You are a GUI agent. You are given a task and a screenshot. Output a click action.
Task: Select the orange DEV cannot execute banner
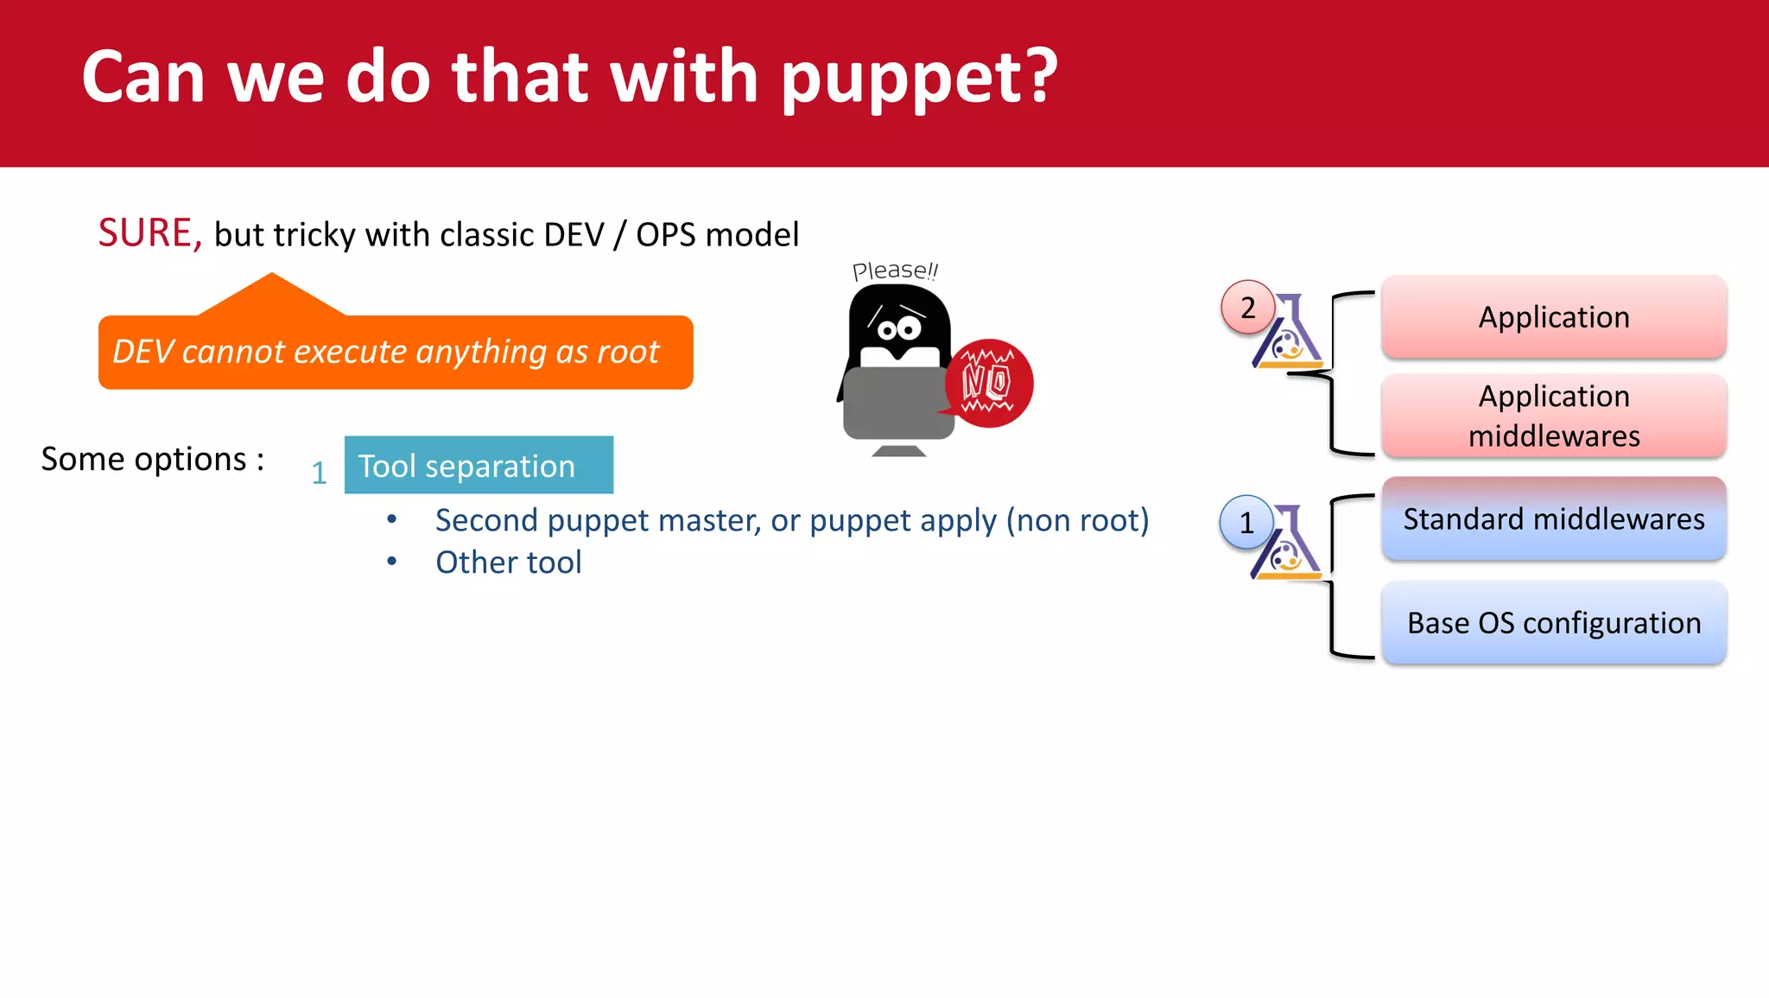pyautogui.click(x=395, y=352)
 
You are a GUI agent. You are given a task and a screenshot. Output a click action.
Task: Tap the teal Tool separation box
pyautogui.click(x=479, y=466)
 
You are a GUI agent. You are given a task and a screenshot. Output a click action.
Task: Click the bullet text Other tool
pyautogui.click(x=508, y=563)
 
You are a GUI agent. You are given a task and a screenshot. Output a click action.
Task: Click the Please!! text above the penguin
pyautogui.click(x=894, y=270)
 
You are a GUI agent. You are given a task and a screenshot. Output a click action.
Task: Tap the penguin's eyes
pyautogui.click(x=898, y=329)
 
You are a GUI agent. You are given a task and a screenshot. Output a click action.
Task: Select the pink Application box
pyautogui.click(x=1553, y=317)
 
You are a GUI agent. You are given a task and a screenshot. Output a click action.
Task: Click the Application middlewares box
pyautogui.click(x=1553, y=416)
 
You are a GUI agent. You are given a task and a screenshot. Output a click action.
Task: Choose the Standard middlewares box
pyautogui.click(x=1553, y=519)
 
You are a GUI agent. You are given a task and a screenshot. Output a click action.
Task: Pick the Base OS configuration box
pyautogui.click(x=1553, y=623)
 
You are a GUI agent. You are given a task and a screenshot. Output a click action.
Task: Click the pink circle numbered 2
pyautogui.click(x=1247, y=308)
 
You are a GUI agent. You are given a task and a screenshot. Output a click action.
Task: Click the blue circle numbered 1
pyautogui.click(x=1246, y=522)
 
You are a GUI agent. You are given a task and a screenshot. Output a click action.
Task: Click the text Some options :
pyautogui.click(x=153, y=459)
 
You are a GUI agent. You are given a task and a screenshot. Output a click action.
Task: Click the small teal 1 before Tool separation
pyautogui.click(x=319, y=473)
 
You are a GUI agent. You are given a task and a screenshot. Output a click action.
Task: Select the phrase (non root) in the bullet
pyautogui.click(x=1077, y=520)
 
